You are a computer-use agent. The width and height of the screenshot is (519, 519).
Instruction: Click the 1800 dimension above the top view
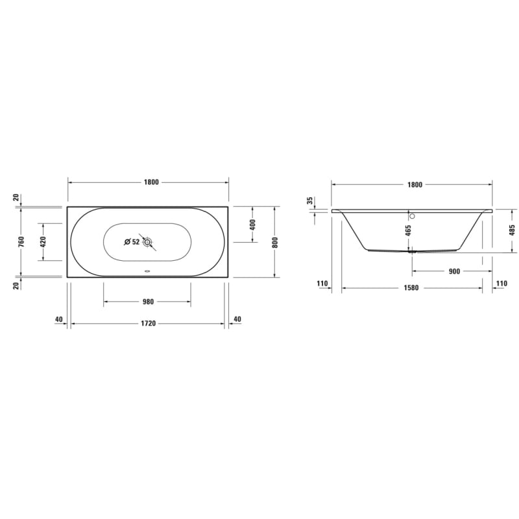point(152,182)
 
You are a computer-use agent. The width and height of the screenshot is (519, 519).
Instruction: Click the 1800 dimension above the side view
point(415,185)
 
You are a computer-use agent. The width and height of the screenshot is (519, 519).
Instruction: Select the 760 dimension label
point(21,241)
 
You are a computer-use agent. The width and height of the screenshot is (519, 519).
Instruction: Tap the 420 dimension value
point(43,241)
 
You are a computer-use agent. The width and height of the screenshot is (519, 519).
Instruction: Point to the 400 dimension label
point(252,224)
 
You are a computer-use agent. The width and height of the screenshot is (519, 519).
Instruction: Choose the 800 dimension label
point(275,242)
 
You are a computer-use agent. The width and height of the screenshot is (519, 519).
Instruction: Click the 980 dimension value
point(148,302)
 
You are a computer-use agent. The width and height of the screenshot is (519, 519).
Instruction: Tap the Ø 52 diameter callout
point(132,242)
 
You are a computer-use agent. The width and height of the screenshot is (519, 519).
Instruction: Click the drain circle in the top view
point(147,242)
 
